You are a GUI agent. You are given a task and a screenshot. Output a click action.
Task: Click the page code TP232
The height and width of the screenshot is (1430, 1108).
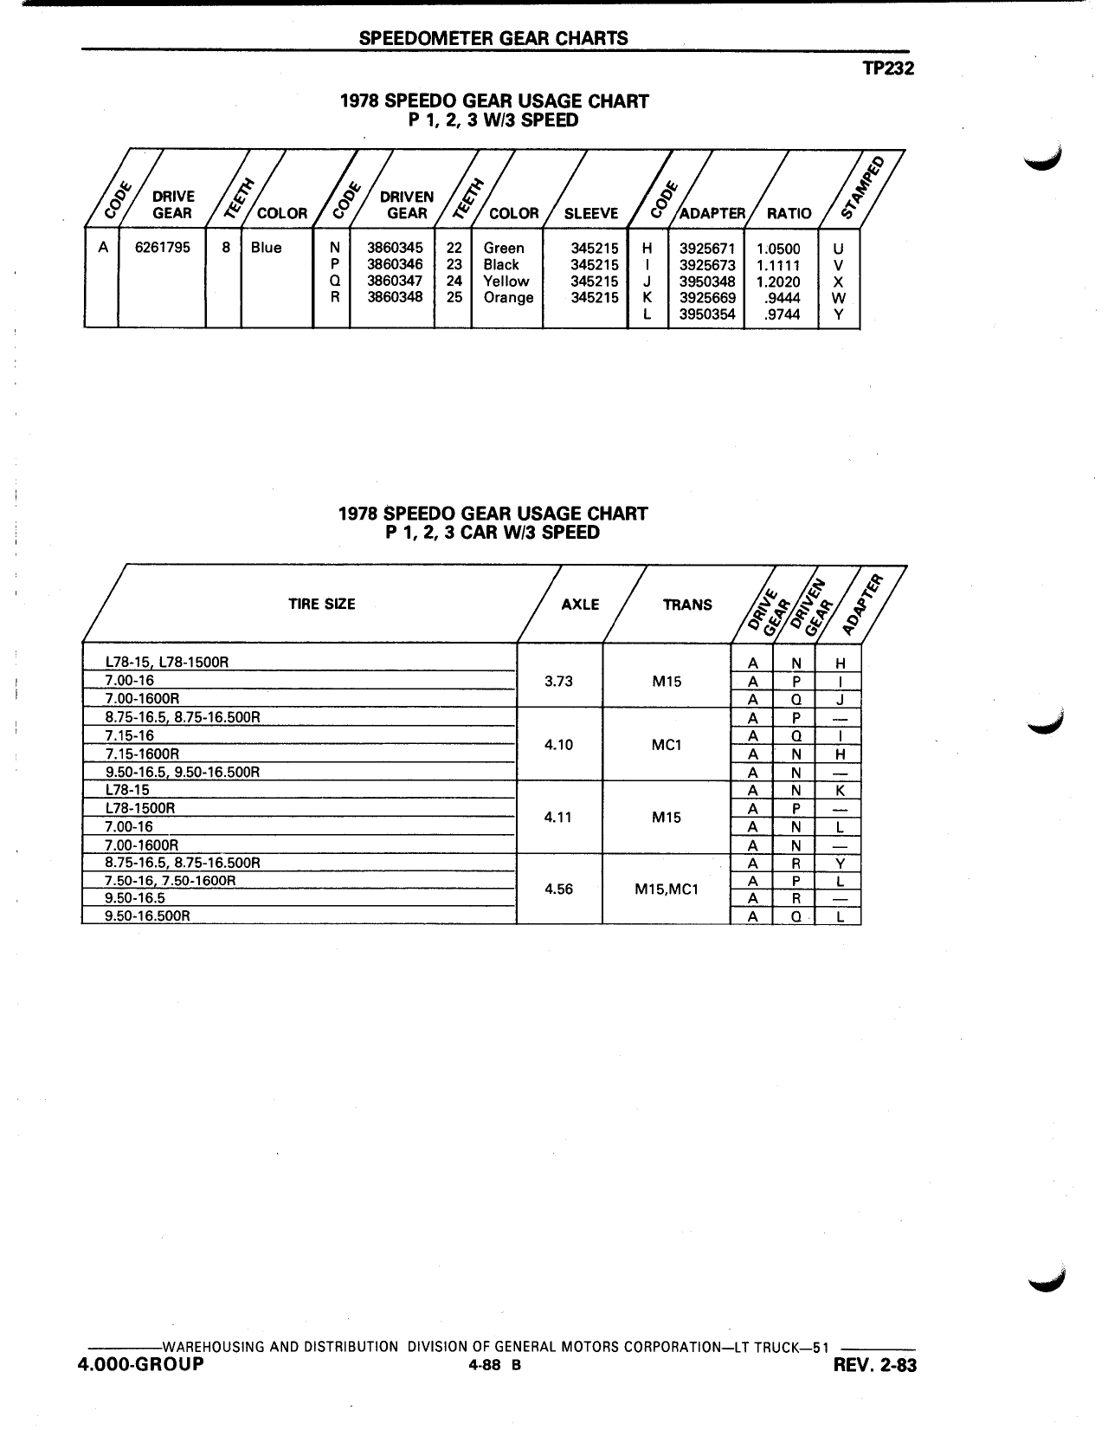[x=888, y=68]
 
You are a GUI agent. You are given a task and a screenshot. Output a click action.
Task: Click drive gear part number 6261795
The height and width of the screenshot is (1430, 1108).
[x=163, y=248]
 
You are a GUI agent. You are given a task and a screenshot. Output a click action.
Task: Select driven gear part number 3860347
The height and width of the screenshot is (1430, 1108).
[x=395, y=281]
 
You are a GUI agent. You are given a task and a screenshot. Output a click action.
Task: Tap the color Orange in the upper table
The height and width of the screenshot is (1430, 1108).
[x=508, y=297]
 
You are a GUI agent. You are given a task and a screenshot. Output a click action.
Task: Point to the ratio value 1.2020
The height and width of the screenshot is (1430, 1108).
[x=778, y=281]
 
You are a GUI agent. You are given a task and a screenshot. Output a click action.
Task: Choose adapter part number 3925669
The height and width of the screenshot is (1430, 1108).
[x=707, y=297]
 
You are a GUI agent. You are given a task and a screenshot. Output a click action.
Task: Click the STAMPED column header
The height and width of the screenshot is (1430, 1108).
[x=862, y=188]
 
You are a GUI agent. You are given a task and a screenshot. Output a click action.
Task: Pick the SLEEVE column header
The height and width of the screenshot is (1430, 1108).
[x=591, y=213]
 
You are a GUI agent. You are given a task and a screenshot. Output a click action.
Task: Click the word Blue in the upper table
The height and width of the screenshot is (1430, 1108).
[x=266, y=248]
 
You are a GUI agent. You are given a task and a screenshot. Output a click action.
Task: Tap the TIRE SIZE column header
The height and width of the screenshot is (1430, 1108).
[x=321, y=604]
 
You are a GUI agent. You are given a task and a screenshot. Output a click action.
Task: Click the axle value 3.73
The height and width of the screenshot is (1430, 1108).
[x=558, y=681]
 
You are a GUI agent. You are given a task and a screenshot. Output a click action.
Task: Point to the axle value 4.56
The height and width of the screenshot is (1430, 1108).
[x=558, y=889]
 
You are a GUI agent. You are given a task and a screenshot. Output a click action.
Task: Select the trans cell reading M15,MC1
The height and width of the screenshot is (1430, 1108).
[x=667, y=889]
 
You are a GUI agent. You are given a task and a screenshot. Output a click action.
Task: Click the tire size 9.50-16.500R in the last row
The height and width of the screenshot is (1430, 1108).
[x=147, y=916]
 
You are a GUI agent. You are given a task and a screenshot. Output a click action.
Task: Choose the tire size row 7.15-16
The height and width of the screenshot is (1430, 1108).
[x=130, y=735]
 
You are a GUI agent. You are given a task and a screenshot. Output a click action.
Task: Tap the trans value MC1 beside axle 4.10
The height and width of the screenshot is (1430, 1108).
[x=667, y=745]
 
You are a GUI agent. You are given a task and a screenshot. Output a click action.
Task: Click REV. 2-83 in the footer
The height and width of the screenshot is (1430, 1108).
[x=874, y=1365]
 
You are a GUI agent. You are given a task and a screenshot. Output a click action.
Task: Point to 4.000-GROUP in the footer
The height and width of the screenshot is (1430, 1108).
[x=141, y=1364]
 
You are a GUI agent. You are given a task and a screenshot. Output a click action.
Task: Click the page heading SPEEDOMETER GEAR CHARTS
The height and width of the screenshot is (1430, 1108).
[x=493, y=38]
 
